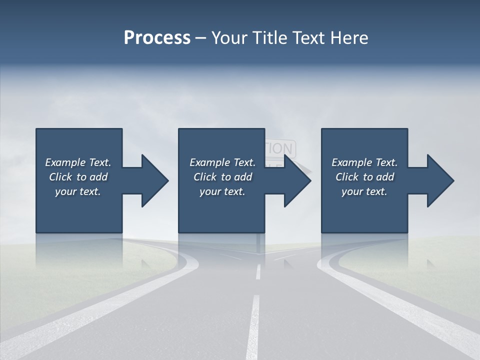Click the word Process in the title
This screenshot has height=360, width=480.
(157, 38)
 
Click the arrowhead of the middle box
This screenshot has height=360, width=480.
(297, 180)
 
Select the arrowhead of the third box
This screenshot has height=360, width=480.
(440, 180)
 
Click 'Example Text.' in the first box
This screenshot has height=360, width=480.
(78, 162)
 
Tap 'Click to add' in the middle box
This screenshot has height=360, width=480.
(222, 177)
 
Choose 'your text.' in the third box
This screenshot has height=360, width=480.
(364, 191)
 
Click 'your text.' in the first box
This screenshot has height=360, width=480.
(78, 191)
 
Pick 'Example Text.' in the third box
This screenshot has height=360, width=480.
(364, 162)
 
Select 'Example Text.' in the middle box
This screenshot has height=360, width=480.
(222, 162)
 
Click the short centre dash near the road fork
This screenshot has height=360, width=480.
(258, 271)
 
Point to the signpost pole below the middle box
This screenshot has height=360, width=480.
(259, 242)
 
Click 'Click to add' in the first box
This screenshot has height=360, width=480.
(78, 177)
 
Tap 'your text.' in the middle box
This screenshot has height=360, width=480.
(222, 191)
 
